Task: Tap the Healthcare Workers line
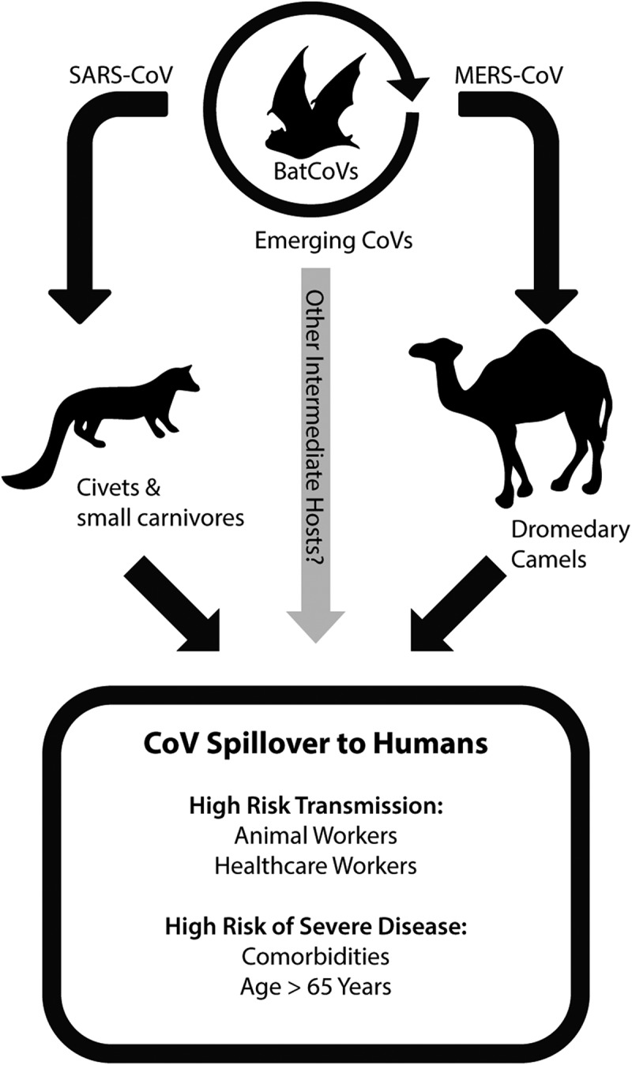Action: click(x=316, y=865)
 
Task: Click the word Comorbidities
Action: click(x=316, y=956)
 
